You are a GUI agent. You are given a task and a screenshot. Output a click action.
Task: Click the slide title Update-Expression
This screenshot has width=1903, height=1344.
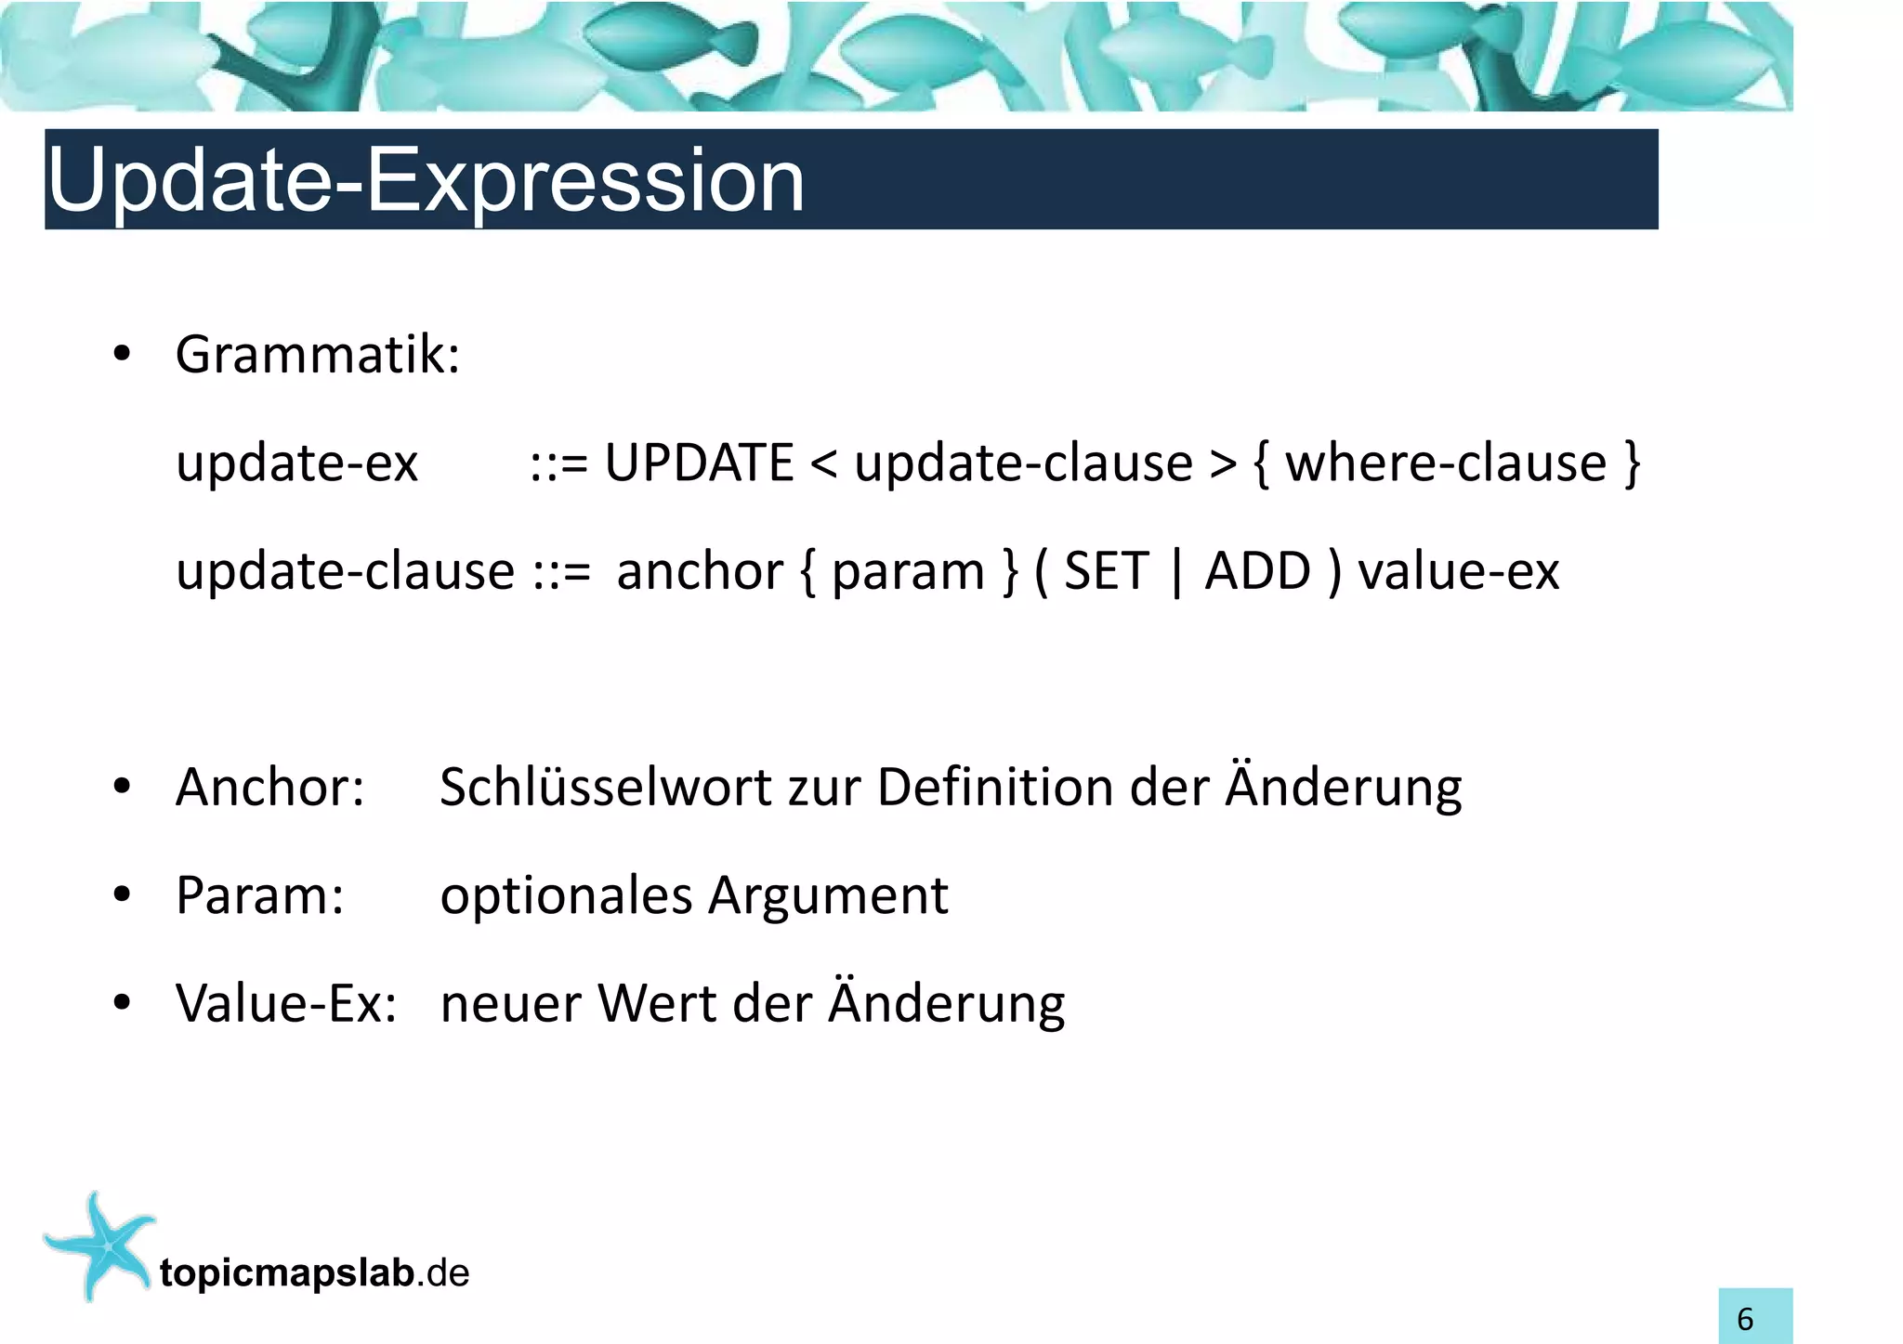pyautogui.click(x=426, y=180)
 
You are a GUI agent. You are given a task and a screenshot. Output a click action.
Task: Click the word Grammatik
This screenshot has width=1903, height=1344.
pyautogui.click(x=316, y=355)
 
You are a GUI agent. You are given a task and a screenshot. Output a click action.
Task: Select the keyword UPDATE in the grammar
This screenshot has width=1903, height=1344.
pyautogui.click(x=699, y=463)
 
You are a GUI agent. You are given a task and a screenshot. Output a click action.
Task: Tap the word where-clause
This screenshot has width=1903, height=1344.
pyautogui.click(x=1446, y=463)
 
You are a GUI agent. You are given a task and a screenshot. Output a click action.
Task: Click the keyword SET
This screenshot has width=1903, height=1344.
pyautogui.click(x=1106, y=570)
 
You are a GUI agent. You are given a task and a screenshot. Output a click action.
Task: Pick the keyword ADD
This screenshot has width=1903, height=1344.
pyautogui.click(x=1257, y=570)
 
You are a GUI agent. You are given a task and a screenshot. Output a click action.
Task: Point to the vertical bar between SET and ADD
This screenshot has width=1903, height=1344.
pyautogui.click(x=1177, y=572)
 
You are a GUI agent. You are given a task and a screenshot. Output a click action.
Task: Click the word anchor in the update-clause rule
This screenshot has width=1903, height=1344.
pyautogui.click(x=700, y=571)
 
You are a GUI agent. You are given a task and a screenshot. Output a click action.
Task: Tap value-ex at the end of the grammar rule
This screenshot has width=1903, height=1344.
pyautogui.click(x=1458, y=571)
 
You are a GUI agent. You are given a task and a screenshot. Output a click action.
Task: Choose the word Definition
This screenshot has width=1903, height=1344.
pyautogui.click(x=995, y=788)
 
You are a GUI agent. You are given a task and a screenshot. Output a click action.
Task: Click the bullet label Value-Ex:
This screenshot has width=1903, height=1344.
pyautogui.click(x=286, y=1004)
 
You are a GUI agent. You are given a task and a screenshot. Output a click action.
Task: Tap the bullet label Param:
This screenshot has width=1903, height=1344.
pyautogui.click(x=259, y=896)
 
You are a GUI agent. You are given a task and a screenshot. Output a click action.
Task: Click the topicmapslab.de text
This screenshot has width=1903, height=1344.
pyautogui.click(x=314, y=1273)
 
